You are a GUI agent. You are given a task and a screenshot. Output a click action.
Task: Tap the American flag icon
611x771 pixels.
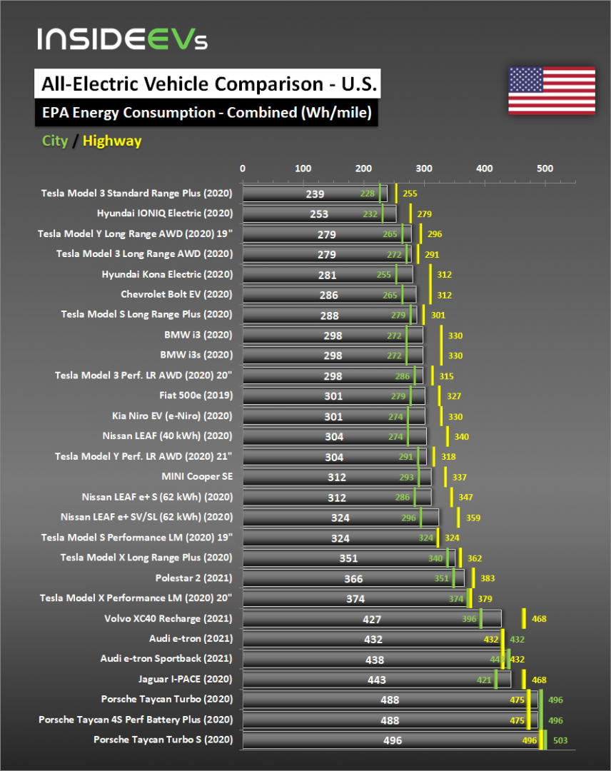click(551, 91)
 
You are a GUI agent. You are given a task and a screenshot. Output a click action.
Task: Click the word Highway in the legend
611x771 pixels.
click(112, 141)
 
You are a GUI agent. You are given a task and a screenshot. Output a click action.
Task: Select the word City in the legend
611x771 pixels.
click(55, 141)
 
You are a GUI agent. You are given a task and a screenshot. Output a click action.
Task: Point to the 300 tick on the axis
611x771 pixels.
click(424, 168)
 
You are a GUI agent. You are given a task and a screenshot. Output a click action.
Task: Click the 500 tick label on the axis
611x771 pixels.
click(545, 168)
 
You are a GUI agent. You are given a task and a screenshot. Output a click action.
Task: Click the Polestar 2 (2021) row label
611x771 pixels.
click(193, 578)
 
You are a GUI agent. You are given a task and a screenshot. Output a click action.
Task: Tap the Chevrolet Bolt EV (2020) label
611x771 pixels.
click(176, 294)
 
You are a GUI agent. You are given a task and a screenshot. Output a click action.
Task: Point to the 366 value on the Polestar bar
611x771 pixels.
click(353, 579)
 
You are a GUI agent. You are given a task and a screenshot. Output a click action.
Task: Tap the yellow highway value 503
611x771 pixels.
click(560, 741)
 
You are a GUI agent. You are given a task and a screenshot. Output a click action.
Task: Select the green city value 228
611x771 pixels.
click(368, 193)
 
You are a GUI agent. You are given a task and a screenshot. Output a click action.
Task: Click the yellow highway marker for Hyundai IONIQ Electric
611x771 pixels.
click(410, 213)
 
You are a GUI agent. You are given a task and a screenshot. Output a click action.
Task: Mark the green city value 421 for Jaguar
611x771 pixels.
click(483, 680)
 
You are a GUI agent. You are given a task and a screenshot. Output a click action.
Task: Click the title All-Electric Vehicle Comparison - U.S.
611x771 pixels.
click(206, 84)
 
